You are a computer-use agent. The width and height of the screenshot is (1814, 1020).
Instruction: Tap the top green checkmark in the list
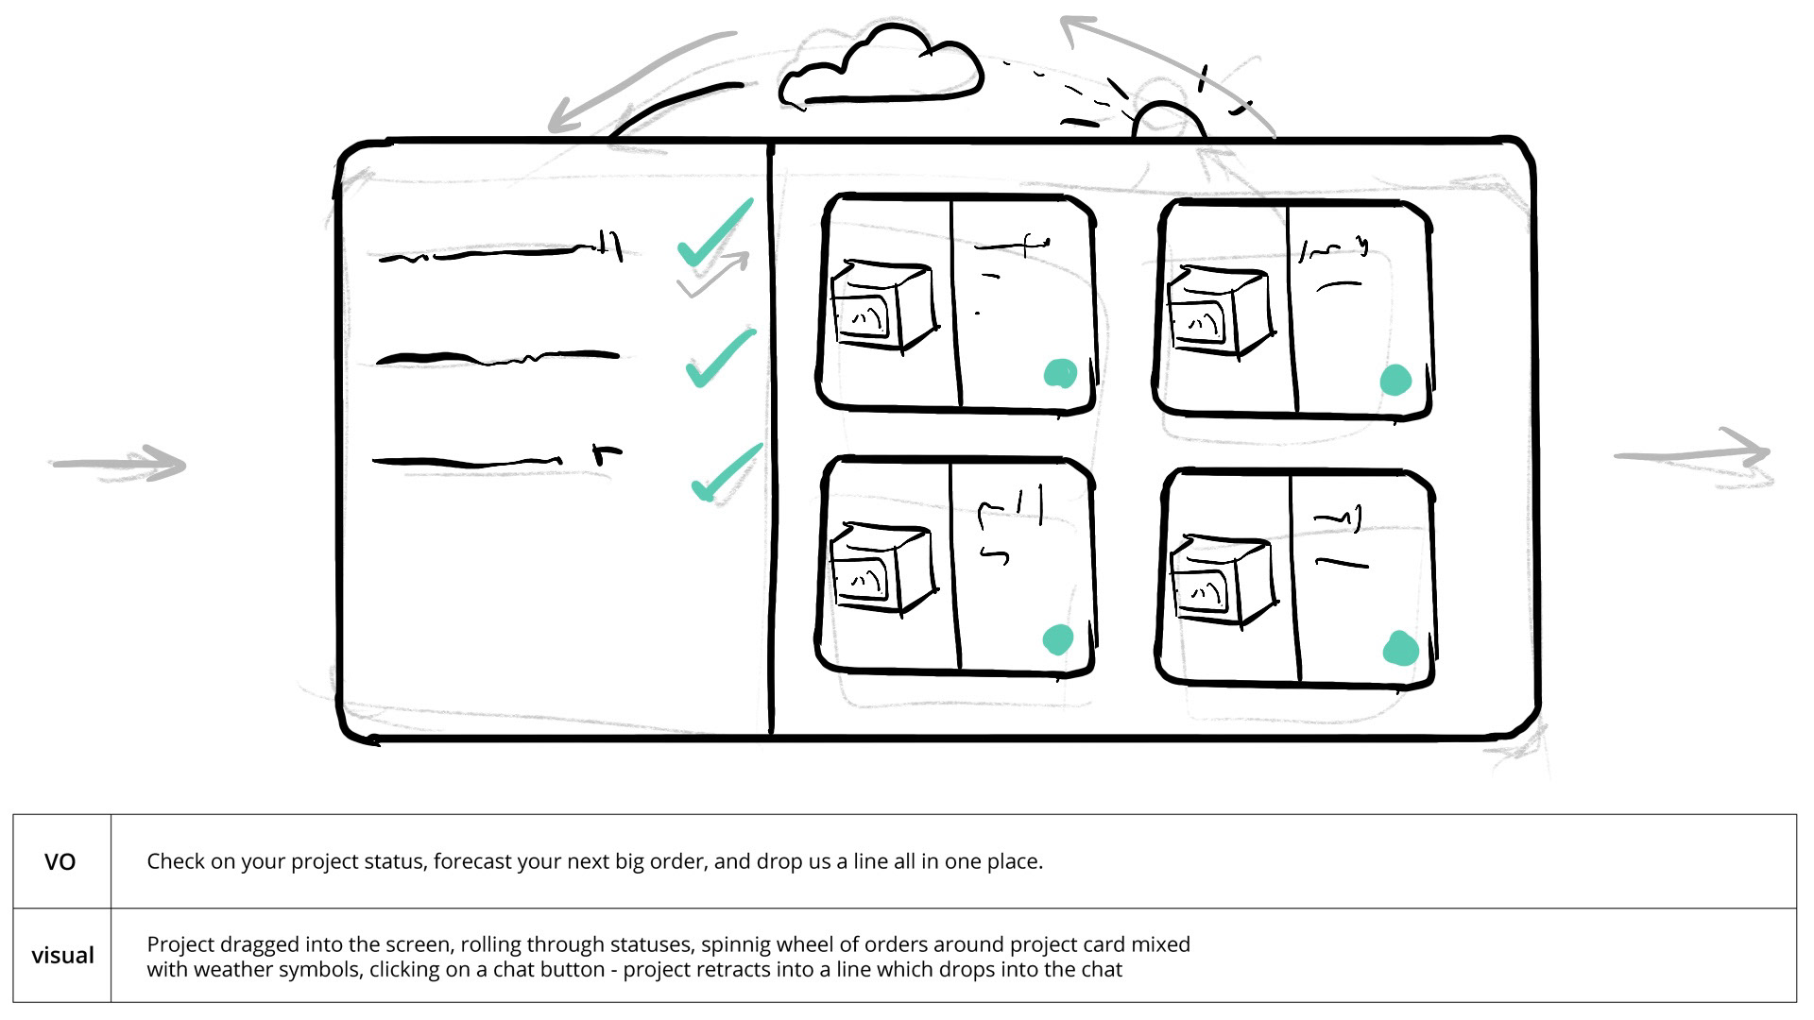click(x=714, y=235)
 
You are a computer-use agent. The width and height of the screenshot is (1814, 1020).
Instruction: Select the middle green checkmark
click(x=720, y=358)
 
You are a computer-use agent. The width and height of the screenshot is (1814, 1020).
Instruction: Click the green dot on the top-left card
click(x=1060, y=374)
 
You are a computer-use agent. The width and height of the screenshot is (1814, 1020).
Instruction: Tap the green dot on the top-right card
click(x=1395, y=381)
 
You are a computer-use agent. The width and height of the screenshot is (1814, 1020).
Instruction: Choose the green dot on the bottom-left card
click(x=1058, y=639)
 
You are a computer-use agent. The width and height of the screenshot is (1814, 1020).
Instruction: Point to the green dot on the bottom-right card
click(x=1400, y=649)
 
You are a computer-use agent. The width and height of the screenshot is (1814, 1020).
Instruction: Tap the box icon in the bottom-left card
click(x=881, y=568)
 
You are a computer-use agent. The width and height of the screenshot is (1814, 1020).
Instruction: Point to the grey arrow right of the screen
click(x=1693, y=455)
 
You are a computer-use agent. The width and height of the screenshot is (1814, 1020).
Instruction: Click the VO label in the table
click(x=60, y=862)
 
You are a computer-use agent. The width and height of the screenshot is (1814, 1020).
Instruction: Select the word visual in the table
click(x=62, y=956)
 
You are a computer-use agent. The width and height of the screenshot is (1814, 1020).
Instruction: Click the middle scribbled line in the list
click(x=497, y=358)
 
